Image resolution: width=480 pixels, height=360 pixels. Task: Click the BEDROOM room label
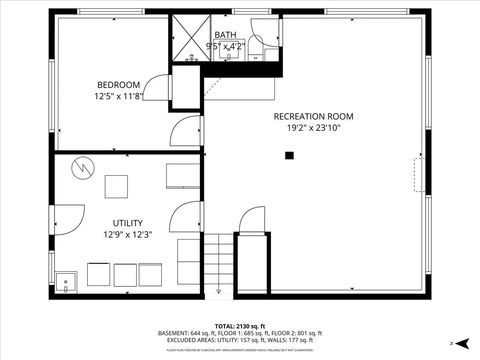[118, 84]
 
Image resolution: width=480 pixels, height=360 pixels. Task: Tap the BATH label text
[225, 35]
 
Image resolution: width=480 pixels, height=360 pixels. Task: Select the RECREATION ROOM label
[313, 116]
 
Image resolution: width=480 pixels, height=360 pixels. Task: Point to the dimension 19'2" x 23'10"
[313, 128]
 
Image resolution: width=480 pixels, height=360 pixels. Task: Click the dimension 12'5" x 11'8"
[118, 97]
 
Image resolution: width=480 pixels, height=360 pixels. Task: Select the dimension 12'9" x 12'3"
[127, 235]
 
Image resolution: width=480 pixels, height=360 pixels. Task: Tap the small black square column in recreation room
[289, 155]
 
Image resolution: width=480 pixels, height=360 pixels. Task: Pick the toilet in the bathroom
[255, 45]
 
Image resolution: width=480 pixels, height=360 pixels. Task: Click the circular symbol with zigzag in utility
[82, 167]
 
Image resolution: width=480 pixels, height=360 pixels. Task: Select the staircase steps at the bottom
[219, 265]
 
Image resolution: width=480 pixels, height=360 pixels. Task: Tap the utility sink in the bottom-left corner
[66, 283]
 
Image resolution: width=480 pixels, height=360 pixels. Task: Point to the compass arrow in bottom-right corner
[451, 343]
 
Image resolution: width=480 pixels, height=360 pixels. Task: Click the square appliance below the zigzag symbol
[116, 187]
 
